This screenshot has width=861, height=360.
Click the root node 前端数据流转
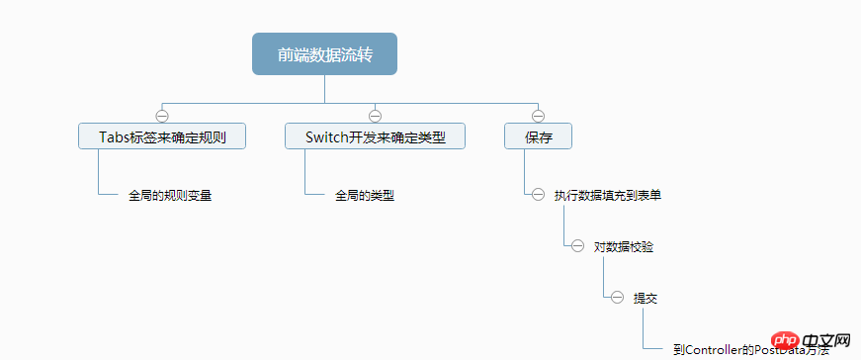324,54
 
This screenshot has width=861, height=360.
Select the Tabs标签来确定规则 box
162,136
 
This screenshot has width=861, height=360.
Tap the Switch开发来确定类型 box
375,136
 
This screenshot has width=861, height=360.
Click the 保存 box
538,136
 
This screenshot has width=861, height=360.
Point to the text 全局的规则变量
170,195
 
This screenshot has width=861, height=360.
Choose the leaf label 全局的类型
365,195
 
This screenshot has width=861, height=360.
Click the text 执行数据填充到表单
608,195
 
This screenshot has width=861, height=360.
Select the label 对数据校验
623,246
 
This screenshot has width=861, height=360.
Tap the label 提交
645,297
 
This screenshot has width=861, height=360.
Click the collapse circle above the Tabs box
162,115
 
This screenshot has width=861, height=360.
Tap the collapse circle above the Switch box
375,115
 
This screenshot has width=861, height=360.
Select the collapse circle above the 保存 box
538,115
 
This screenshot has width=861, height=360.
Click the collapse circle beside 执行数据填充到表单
538,195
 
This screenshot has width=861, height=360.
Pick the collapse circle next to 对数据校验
577,246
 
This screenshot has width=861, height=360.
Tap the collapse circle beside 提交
617,297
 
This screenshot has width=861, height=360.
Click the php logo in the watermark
779,340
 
